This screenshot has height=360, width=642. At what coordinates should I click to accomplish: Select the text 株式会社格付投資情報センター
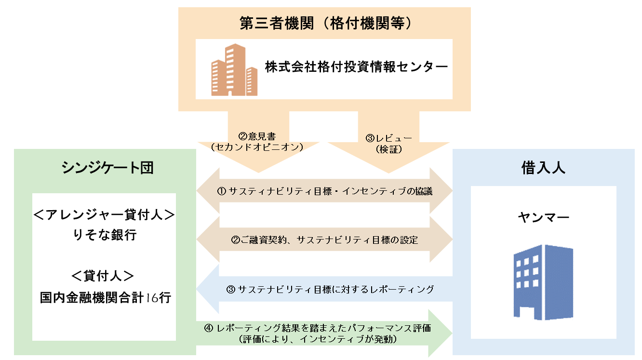[356, 67]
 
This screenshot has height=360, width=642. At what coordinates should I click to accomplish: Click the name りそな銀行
[104, 235]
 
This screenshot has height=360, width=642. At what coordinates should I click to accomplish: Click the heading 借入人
[543, 168]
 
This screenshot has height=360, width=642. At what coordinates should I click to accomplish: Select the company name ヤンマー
[543, 217]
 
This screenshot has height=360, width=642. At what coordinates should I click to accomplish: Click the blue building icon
[543, 281]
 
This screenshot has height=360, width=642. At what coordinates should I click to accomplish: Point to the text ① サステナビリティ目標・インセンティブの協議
[325, 191]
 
